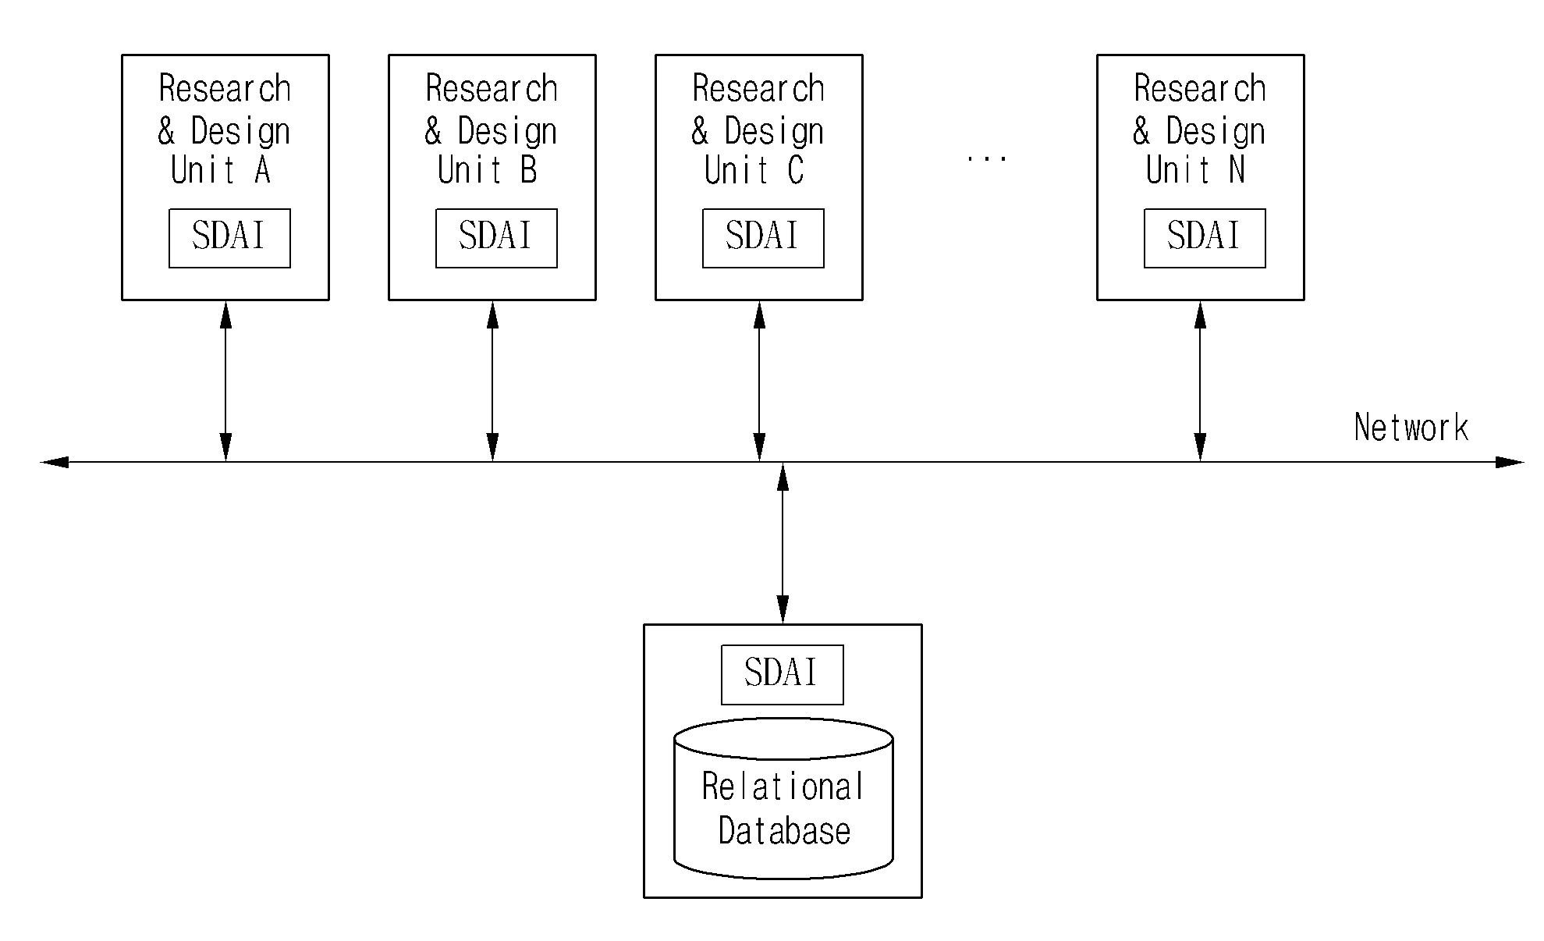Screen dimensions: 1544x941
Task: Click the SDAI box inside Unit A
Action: point(229,238)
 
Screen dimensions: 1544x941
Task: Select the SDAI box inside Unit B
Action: point(496,238)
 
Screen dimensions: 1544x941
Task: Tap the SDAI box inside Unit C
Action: point(763,238)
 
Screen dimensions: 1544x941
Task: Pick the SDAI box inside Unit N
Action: point(1205,238)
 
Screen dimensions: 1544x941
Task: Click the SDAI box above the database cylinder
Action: point(782,675)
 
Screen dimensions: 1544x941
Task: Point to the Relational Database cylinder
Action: point(783,798)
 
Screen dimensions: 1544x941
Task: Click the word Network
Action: point(1411,428)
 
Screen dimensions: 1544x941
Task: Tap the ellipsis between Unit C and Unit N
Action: point(987,158)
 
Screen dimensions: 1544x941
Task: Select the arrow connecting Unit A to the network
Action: point(225,381)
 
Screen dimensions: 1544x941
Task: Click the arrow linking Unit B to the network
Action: point(492,381)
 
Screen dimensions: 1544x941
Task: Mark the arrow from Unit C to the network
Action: point(760,381)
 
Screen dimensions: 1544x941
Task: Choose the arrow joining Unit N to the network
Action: point(1200,381)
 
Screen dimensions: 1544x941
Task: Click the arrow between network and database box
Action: point(783,543)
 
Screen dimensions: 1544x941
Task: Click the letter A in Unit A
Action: point(262,170)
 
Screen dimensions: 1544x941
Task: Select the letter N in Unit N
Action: point(1237,170)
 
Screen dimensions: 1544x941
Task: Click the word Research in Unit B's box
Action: point(492,89)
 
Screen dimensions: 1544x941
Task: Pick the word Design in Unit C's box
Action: point(774,131)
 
